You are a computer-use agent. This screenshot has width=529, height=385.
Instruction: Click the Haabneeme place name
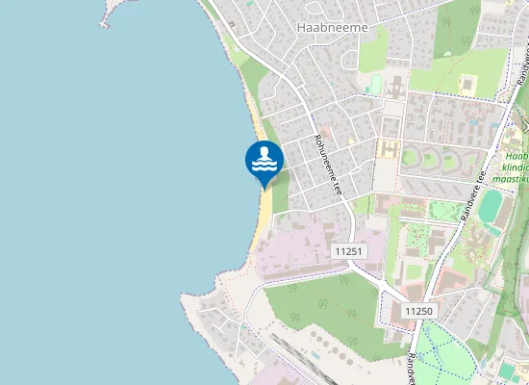coord(332,28)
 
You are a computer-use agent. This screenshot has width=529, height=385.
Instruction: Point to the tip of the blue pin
coord(264,188)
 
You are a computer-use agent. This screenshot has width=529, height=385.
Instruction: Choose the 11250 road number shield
coord(419,311)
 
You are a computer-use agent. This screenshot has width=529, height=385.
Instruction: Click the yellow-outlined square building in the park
coord(468,85)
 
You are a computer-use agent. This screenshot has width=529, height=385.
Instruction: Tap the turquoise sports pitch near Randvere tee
coord(491,204)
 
